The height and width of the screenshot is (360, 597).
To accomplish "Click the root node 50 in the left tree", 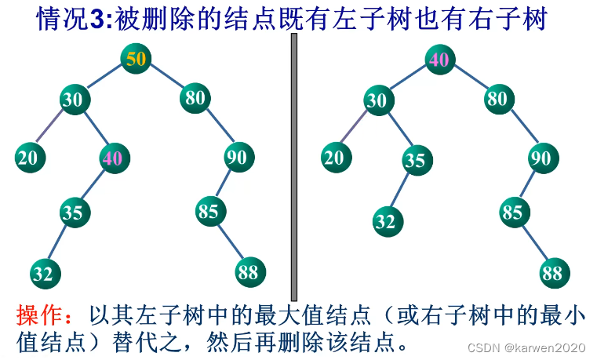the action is click(136, 59).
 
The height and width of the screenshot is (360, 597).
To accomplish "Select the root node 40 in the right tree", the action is click(440, 60).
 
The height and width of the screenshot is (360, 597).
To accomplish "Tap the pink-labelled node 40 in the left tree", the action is click(113, 158).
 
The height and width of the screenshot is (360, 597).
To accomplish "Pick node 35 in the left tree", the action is click(74, 212).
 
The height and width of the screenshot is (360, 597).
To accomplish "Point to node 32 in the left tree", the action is click(45, 273).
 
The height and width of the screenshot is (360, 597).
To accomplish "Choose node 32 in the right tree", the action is click(385, 222).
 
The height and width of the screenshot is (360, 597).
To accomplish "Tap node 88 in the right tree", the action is click(555, 273).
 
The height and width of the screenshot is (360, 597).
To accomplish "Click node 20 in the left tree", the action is click(29, 158).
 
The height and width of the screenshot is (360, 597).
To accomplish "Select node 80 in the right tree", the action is click(498, 99).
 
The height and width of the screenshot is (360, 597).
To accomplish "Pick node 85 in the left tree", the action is click(210, 212).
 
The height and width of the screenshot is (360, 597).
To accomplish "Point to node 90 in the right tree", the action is click(541, 158).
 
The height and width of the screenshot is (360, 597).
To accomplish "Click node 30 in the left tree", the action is click(75, 100).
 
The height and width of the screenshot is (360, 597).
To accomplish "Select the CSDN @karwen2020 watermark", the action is click(526, 347).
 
